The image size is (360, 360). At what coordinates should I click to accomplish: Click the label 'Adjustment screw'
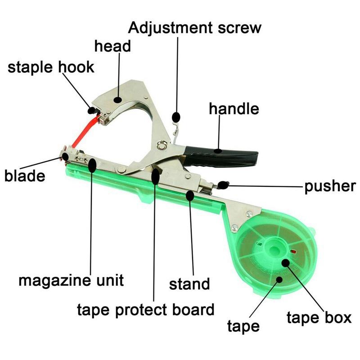coord(195,28)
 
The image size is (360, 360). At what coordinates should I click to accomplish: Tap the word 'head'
coord(112,46)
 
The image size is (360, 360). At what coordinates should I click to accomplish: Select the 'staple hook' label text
coord(51,67)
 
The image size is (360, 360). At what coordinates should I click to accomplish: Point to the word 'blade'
coord(25,176)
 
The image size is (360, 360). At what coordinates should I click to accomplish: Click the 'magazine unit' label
coord(71,280)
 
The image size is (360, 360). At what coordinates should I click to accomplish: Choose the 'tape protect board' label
coord(145,310)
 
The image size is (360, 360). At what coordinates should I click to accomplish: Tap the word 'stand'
coord(189,284)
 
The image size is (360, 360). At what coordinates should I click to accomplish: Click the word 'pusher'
coord(330,186)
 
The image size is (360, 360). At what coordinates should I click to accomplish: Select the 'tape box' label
coord(319,318)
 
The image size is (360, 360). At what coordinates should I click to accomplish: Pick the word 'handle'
coord(234,108)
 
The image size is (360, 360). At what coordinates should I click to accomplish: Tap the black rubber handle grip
coord(220,157)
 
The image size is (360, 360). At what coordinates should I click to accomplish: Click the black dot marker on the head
coord(118,99)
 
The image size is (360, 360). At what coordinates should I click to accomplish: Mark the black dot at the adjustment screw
coord(176,117)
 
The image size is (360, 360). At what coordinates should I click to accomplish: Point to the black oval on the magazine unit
coord(92,165)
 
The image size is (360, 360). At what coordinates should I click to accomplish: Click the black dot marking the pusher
coord(223,185)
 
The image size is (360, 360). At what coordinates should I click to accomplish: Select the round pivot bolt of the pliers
coord(162,145)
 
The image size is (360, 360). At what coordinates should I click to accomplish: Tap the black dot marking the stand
coord(190,196)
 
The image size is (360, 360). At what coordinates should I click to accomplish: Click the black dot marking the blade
coord(65,157)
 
